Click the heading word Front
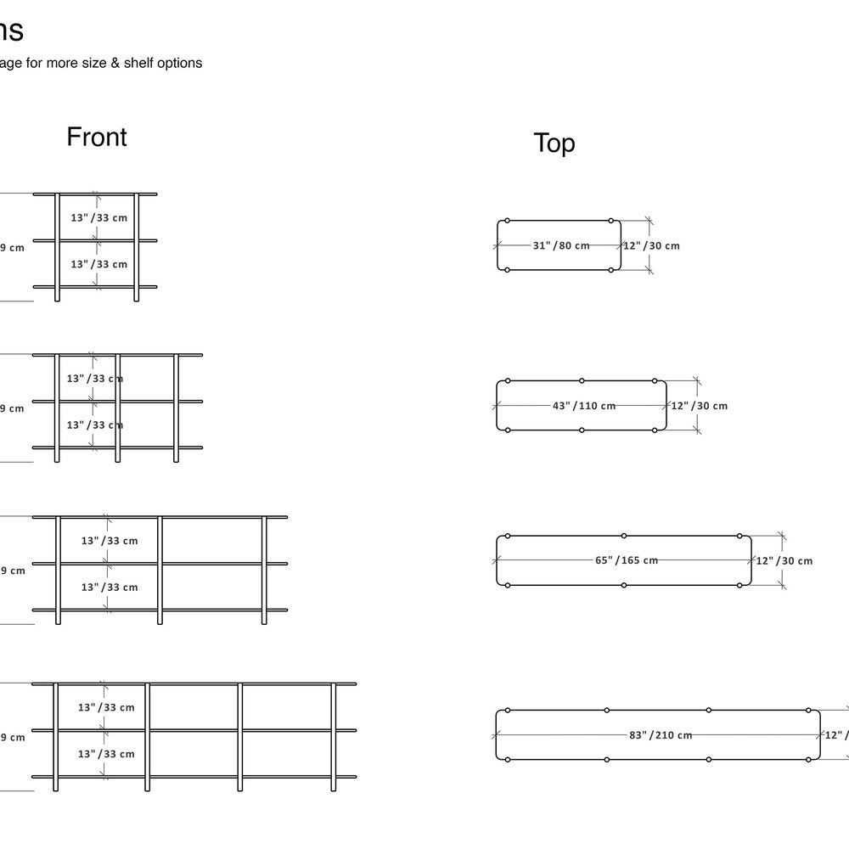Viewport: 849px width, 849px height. pos(97,137)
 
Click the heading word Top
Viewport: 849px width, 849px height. pos(554,143)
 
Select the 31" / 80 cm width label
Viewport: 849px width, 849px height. pos(560,245)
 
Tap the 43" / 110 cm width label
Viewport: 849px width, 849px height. pos(584,406)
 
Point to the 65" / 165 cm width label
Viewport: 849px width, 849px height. pos(627,560)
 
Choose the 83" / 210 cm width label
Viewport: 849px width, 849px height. pos(661,735)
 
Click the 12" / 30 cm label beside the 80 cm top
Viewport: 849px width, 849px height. pos(652,245)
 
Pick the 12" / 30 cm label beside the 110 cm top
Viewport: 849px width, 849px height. pos(700,406)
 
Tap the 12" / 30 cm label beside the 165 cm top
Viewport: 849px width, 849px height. pos(784,560)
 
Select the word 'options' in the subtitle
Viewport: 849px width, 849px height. pos(176,63)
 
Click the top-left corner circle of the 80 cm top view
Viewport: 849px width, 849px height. pos(507,221)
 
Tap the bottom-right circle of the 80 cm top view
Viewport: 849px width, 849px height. pos(611,270)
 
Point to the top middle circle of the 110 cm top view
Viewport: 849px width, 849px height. pos(582,380)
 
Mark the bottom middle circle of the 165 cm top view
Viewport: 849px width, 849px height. pos(624,585)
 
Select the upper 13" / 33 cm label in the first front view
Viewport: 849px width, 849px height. pos(99,217)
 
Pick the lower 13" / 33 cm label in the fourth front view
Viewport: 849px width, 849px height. pos(106,754)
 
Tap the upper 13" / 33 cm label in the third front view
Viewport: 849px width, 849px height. pos(110,540)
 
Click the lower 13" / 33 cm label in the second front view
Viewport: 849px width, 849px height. pos(95,424)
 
